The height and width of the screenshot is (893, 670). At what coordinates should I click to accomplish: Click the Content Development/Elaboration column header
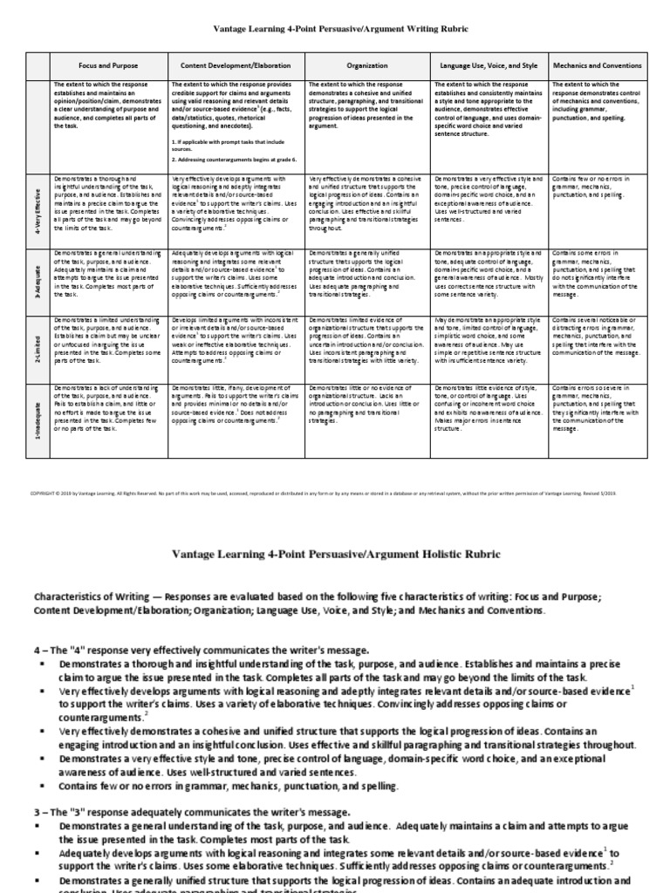pos(236,65)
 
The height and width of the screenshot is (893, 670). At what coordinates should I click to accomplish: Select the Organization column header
pos(366,65)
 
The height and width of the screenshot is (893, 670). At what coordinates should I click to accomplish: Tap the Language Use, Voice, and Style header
pos(489,65)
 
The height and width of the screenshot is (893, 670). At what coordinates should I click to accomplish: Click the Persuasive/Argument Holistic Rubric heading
pos(334,555)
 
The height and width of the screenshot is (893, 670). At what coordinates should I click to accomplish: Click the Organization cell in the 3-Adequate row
pos(366,272)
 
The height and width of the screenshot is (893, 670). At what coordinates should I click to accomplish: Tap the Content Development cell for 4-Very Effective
pos(236,202)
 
